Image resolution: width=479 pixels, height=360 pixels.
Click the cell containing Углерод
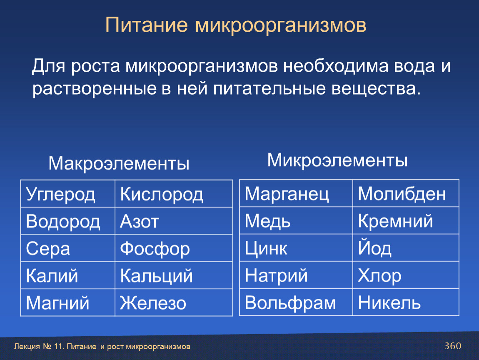pos(68,193)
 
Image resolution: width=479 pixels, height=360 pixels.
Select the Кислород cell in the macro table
pos(174,193)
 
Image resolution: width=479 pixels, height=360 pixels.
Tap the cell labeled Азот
pos(174,221)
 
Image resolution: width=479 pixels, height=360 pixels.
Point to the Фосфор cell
pos(174,248)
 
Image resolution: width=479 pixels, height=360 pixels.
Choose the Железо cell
pos(174,302)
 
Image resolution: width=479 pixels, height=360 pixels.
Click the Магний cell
pos(68,302)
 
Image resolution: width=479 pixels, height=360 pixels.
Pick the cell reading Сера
pos(68,248)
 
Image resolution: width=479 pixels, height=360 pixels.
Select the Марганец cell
pos(296,193)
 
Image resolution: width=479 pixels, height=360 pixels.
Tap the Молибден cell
pos(406,193)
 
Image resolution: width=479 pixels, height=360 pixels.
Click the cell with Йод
pos(406,247)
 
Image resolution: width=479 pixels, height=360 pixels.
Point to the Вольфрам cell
pos(296,302)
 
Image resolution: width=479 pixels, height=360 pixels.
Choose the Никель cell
pos(406,302)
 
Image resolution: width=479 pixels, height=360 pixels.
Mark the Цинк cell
pos(296,247)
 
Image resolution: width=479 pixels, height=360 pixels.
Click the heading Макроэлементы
pos(119,163)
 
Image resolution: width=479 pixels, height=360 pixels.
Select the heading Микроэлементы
pos(337,160)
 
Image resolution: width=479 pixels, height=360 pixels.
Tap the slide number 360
pos(453,346)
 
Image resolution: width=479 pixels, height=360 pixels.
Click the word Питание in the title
pos(146,25)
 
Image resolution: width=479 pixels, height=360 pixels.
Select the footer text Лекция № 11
pos(39,346)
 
